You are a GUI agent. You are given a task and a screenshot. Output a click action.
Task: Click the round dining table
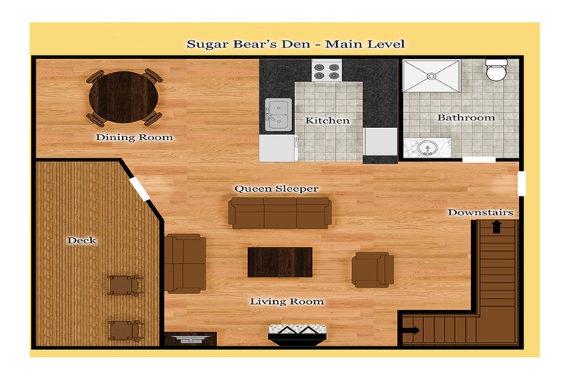coord(124,97)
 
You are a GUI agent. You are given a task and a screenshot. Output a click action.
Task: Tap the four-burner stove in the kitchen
coord(326,70)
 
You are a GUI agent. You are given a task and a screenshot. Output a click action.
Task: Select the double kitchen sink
coord(278,114)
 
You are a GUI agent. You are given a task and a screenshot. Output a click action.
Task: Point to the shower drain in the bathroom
coord(432,76)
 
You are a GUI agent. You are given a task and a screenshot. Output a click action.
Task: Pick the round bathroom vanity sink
coord(426,149)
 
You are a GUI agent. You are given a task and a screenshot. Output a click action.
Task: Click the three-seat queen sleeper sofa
coord(280,213)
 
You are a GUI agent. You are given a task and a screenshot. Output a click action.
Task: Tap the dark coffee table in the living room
coord(280,262)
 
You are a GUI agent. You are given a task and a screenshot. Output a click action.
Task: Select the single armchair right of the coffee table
coord(373,270)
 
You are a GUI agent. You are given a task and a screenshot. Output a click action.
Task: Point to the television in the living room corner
coord(191,339)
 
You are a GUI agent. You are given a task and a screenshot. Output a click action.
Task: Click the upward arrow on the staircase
coord(496,227)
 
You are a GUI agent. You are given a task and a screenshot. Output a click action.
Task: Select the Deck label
coord(82,240)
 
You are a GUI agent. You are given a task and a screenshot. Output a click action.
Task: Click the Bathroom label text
coord(466,117)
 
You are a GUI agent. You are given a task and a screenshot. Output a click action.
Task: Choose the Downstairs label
coord(480,212)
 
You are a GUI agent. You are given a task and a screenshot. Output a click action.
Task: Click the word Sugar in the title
coord(205,44)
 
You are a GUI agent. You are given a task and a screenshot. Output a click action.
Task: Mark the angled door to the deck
coord(140,189)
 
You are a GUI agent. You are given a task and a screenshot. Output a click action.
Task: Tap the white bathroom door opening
coord(479,160)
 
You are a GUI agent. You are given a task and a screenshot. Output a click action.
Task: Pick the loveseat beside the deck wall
coord(185,264)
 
